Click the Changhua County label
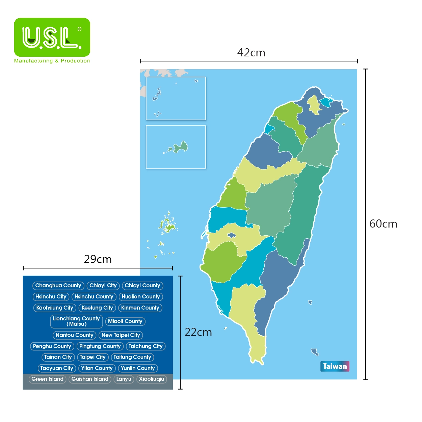(58, 286)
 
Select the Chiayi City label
(103, 286)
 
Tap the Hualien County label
(141, 297)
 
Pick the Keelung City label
(97, 308)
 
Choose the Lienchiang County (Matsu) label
(76, 321)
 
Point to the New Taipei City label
(121, 335)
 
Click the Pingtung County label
(100, 346)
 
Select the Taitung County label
(132, 357)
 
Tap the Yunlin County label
(138, 368)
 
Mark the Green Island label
(47, 379)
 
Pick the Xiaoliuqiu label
(152, 379)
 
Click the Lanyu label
(124, 379)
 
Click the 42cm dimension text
(251, 53)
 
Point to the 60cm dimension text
(383, 224)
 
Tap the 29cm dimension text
(98, 259)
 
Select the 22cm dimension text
(198, 333)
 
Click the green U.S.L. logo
(52, 37)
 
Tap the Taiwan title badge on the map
(335, 366)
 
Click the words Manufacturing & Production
(52, 61)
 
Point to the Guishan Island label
(90, 379)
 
